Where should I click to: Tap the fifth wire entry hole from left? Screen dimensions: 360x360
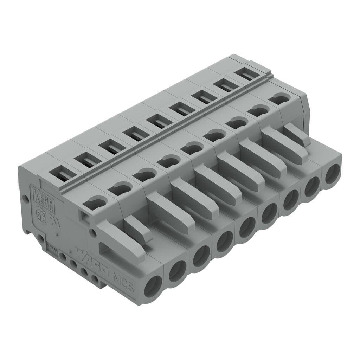click(x=246, y=228)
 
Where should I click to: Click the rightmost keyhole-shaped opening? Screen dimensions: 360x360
click(x=279, y=99)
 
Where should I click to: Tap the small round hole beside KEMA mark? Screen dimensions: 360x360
click(x=26, y=199)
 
